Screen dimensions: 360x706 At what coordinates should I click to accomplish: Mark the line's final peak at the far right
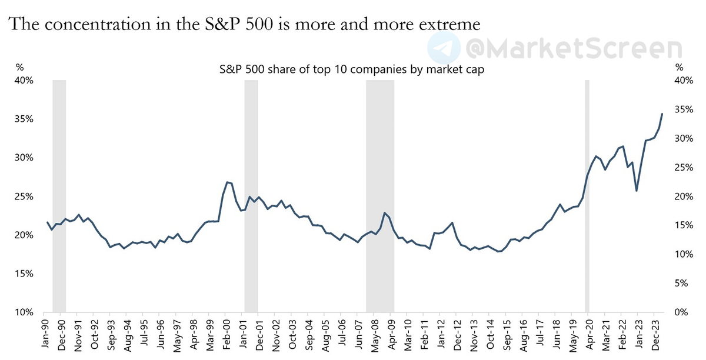pyautogui.click(x=662, y=114)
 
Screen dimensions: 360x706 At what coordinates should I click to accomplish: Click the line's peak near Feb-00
pyautogui.click(x=227, y=182)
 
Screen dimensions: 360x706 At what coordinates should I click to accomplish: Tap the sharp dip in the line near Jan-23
pyautogui.click(x=637, y=191)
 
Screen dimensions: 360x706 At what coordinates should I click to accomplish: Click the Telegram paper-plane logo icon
pyautogui.click(x=444, y=47)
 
